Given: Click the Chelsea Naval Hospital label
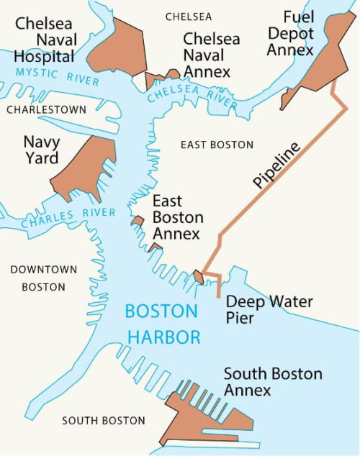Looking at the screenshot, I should [44, 40].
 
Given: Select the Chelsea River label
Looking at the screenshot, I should [190, 96].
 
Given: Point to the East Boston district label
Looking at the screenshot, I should [217, 145].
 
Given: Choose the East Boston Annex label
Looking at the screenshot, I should [177, 218].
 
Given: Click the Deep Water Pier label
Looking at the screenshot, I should [269, 309].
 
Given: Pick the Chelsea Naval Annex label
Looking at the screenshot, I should [207, 54].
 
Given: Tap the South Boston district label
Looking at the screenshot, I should [103, 421].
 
